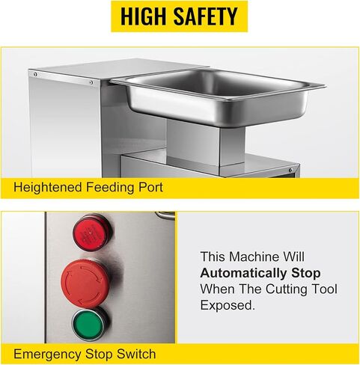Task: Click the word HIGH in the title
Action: pyautogui.click(x=144, y=16)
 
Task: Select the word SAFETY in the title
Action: pyautogui.click(x=205, y=16)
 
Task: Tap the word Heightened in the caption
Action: pyautogui.click(x=47, y=188)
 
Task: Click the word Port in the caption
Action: pyautogui.click(x=150, y=187)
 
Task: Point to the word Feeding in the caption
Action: pyautogui.click(x=110, y=188)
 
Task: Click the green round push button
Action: pyautogui.click(x=89, y=325)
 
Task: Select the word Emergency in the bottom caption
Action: pyautogui.click(x=47, y=355)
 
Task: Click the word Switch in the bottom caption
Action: pyautogui.click(x=136, y=354)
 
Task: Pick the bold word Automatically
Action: pyautogui.click(x=243, y=273)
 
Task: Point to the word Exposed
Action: pyautogui.click(x=228, y=305)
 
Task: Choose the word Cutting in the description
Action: pyautogui.click(x=283, y=289)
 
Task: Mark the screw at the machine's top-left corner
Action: pyautogui.click(x=35, y=74)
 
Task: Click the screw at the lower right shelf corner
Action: pyautogui.click(x=290, y=170)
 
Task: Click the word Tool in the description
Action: pyautogui.click(x=326, y=289)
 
